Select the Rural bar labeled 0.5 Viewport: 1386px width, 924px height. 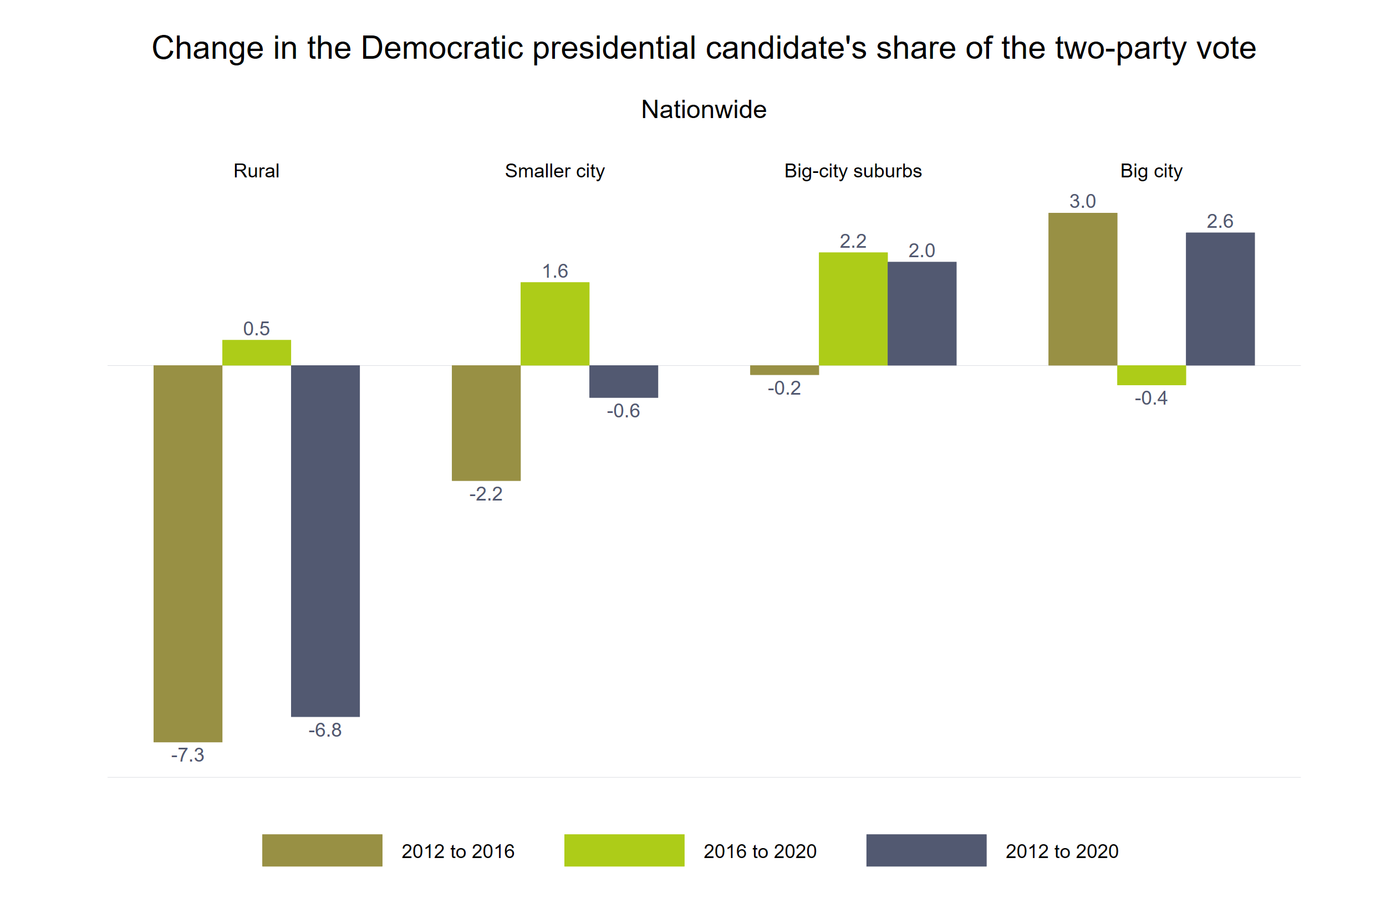pos(256,353)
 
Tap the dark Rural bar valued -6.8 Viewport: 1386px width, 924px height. pos(325,540)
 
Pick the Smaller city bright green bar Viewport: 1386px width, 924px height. pos(554,324)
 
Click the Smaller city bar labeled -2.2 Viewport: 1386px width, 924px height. pos(486,422)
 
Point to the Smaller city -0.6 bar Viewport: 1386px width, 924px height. pos(624,381)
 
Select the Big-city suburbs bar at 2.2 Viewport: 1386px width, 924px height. pos(853,309)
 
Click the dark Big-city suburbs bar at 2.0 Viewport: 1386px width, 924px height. pos(921,314)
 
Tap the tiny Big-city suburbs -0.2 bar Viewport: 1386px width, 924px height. pos(784,370)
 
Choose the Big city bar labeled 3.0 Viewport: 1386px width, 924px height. pos(1083,289)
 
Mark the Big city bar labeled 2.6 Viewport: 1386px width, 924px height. pos(1220,299)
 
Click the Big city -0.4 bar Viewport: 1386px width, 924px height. pos(1151,375)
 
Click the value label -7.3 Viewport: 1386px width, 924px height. pos(187,755)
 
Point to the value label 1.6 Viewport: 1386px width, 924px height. pos(554,271)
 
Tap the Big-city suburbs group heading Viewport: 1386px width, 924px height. pos(853,171)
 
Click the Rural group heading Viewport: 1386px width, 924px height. pos(256,171)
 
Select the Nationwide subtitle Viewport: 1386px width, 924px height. pos(704,110)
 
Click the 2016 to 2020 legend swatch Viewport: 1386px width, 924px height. pos(624,850)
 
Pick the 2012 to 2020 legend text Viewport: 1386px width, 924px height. pos(1061,851)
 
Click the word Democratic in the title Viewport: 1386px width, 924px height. pos(441,48)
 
